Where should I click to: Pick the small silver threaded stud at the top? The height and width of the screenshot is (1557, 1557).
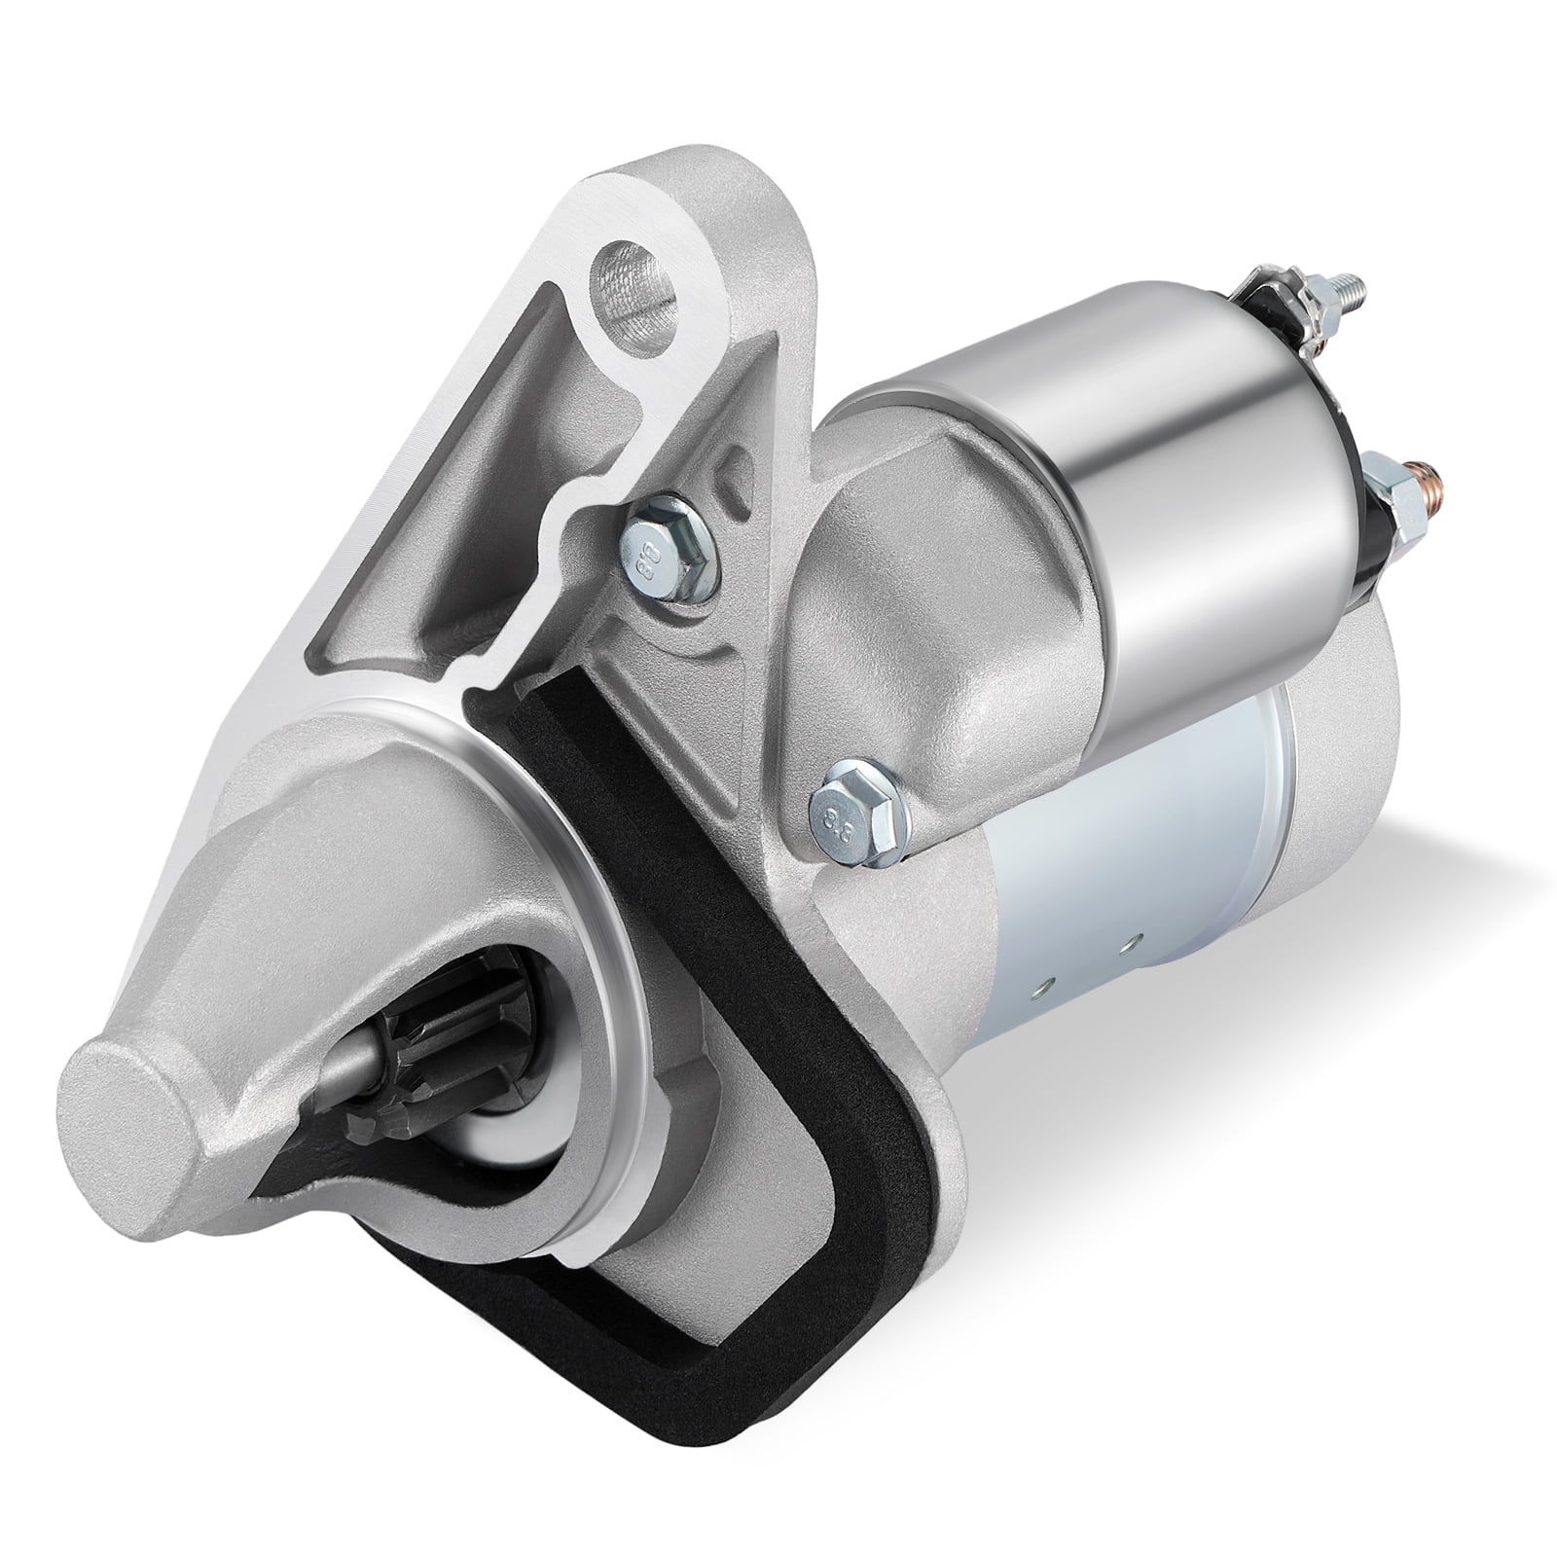tap(1353, 289)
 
